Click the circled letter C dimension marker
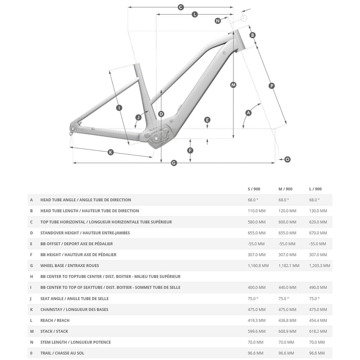[x=181, y=7]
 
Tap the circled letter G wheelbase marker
[x=174, y=163]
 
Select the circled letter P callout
[x=272, y=86]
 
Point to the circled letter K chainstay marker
[x=111, y=152]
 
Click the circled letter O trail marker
[x=287, y=159]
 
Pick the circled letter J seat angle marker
[x=139, y=117]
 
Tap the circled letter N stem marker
[x=218, y=21]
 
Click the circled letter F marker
[x=190, y=150]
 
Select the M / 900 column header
[x=285, y=189]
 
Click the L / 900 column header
[x=315, y=189]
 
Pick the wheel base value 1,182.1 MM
[x=289, y=266]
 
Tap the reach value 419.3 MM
[x=257, y=320]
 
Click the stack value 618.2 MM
[x=318, y=331]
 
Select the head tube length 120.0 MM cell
[x=287, y=211]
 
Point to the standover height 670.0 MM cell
[x=318, y=233]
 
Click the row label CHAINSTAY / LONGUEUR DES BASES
[x=74, y=310]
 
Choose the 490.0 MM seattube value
[x=318, y=288]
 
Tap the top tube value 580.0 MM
[x=257, y=222]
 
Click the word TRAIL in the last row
[x=46, y=353]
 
